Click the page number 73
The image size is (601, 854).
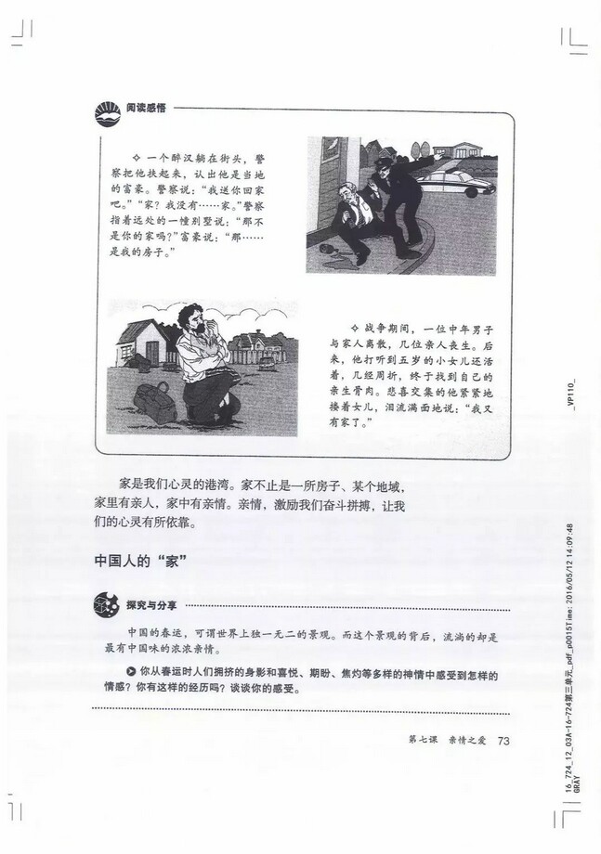coord(505,740)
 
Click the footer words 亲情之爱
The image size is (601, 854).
coord(465,740)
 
